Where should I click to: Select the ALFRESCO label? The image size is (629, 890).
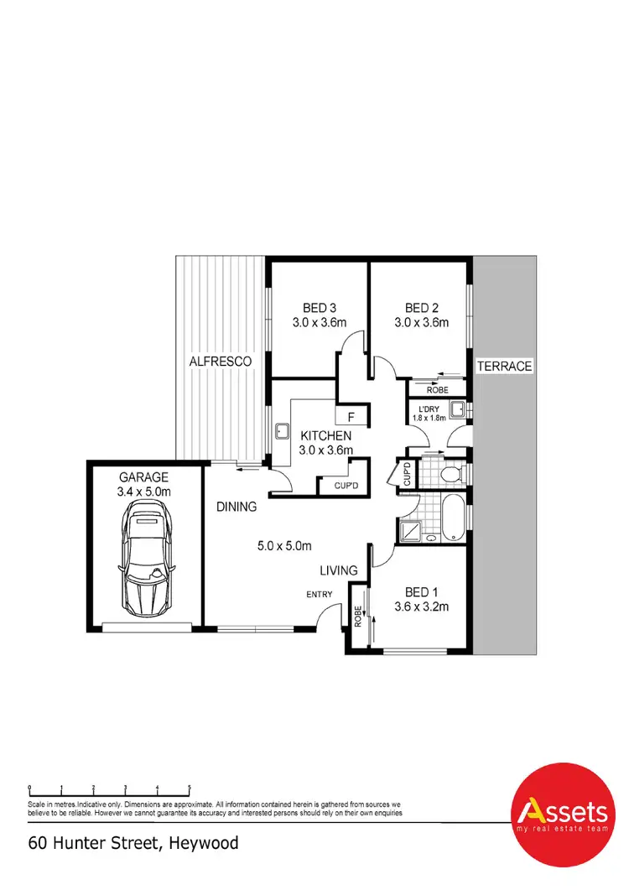[221, 362]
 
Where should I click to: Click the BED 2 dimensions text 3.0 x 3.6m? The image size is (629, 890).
[422, 322]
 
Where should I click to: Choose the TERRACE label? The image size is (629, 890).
[504, 367]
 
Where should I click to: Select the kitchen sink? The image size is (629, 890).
[281, 433]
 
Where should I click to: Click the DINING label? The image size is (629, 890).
[237, 507]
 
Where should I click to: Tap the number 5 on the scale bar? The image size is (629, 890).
[190, 788]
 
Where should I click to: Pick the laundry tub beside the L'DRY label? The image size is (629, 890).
[457, 411]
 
